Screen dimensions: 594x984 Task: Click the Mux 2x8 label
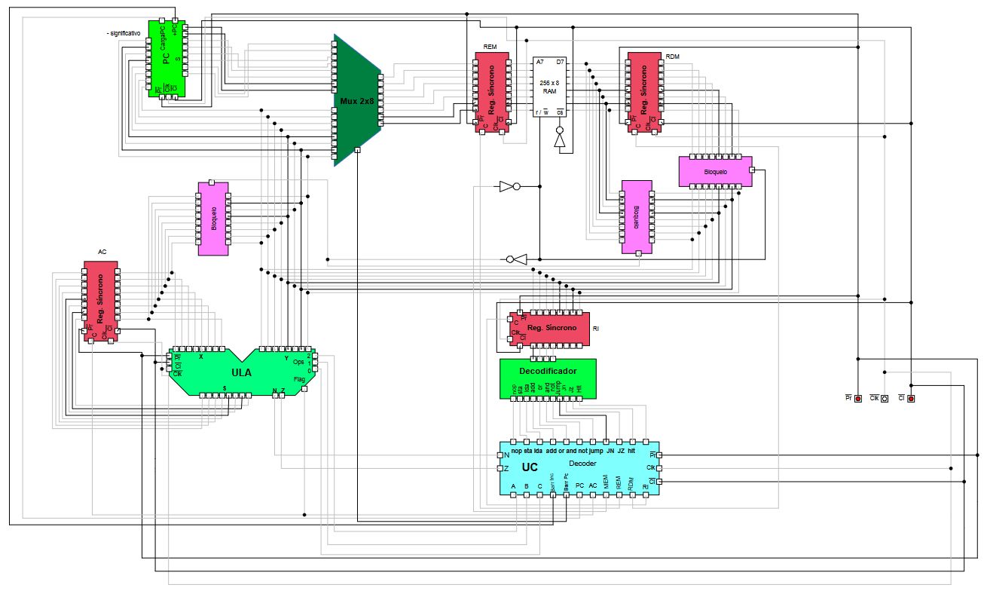[x=356, y=100]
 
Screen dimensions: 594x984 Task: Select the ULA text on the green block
[x=241, y=372]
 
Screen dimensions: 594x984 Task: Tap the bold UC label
[x=530, y=467]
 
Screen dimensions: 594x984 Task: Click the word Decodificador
[x=548, y=371]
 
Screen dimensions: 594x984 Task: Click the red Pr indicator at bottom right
[x=857, y=398]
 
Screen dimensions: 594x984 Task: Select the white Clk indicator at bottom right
[x=885, y=398]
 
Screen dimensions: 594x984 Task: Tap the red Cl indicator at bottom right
[x=911, y=398]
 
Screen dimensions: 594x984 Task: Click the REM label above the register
[x=490, y=47]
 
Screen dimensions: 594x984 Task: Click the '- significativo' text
[x=124, y=33]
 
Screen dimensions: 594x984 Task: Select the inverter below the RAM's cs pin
[x=559, y=139]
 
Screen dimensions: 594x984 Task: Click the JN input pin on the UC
[x=607, y=442]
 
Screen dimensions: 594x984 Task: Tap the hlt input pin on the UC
[x=633, y=442]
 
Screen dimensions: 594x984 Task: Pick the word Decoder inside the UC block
[x=582, y=463]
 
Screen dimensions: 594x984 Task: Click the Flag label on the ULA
[x=299, y=380]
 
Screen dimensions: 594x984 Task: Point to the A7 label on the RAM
[x=540, y=62]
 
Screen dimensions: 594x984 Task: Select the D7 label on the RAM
[x=560, y=62]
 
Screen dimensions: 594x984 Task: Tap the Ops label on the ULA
[x=299, y=362]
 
